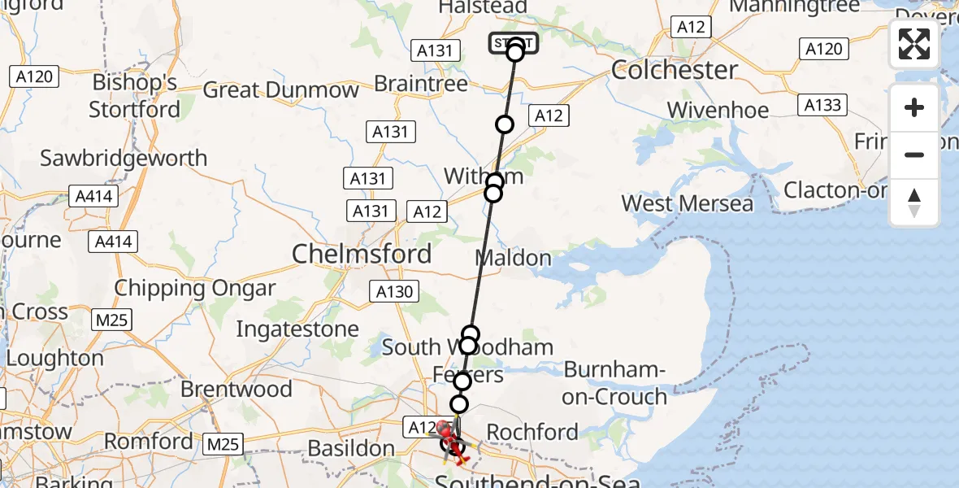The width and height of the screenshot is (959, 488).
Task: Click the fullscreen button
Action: point(914,44)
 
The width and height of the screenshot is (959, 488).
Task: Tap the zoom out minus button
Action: point(914,155)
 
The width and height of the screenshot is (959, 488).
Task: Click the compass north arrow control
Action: point(914,203)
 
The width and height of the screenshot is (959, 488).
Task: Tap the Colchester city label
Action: point(674,69)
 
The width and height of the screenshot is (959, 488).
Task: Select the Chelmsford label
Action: point(362,255)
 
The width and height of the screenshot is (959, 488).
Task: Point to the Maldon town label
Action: point(513,259)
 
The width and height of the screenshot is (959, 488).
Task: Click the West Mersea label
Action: point(688,203)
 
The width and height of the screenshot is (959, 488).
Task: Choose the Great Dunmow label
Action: point(280,89)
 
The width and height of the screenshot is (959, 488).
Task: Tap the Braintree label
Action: point(420,84)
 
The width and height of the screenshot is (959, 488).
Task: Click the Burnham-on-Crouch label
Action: point(615,383)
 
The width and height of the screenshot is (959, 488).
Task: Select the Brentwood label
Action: point(236,390)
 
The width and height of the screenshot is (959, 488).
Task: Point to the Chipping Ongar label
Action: point(195,288)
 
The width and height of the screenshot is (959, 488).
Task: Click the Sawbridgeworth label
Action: point(124,158)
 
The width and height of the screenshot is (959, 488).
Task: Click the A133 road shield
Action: point(822,105)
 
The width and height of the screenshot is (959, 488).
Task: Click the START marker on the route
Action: point(513,43)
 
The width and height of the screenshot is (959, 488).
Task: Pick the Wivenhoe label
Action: point(718,110)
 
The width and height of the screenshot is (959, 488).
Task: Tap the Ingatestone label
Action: point(297,329)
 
